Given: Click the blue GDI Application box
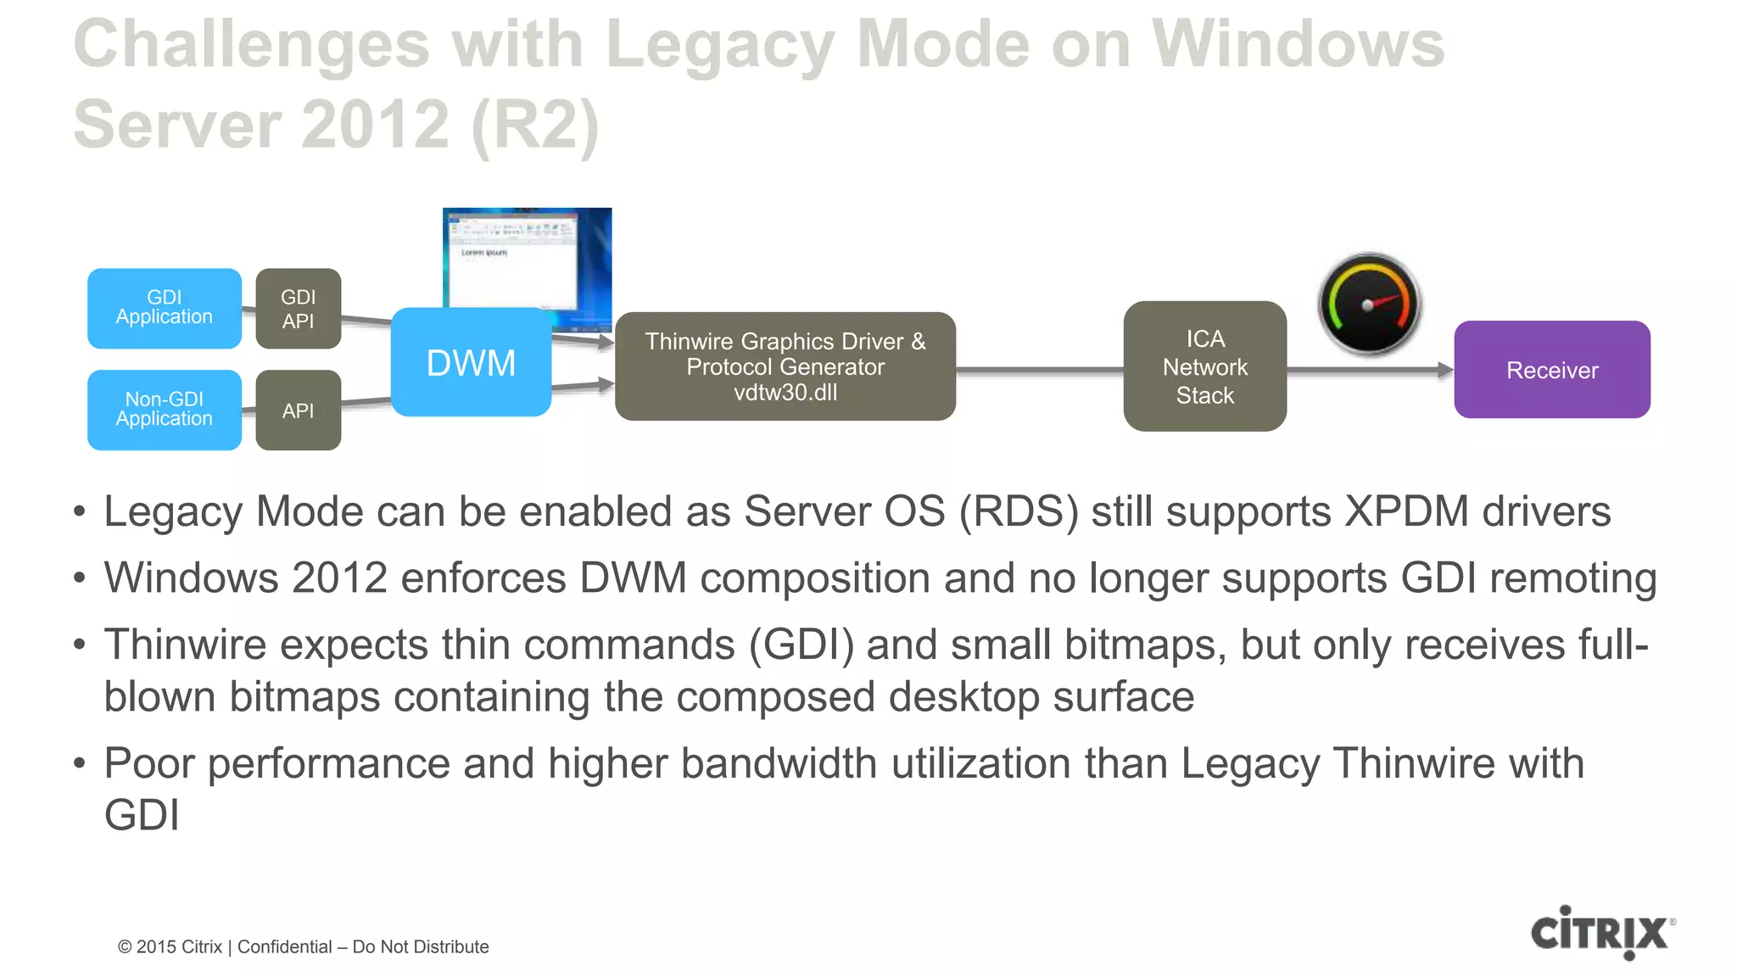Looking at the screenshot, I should pos(164,308).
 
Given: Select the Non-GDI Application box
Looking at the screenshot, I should pos(164,410).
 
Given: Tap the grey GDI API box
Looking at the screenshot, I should pos(298,309).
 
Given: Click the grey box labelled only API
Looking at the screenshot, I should pos(298,410).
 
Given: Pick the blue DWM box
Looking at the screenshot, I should pos(471,363).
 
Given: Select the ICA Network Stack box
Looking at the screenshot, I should pos(1204,366).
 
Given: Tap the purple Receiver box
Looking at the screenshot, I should pos(1551,370).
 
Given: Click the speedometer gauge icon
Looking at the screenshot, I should pos(1369,304).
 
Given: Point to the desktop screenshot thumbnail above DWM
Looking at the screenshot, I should pos(528,259).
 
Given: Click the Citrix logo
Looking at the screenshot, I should pos(1601,933).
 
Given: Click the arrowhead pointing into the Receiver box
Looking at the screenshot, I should pos(1445,370).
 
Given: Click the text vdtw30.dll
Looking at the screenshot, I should pos(785,393).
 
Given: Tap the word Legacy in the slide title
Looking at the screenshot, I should pos(720,44).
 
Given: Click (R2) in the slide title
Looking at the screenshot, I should pos(534,125).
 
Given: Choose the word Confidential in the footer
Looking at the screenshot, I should pos(284,946).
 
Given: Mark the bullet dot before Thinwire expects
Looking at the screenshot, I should pos(80,645).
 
